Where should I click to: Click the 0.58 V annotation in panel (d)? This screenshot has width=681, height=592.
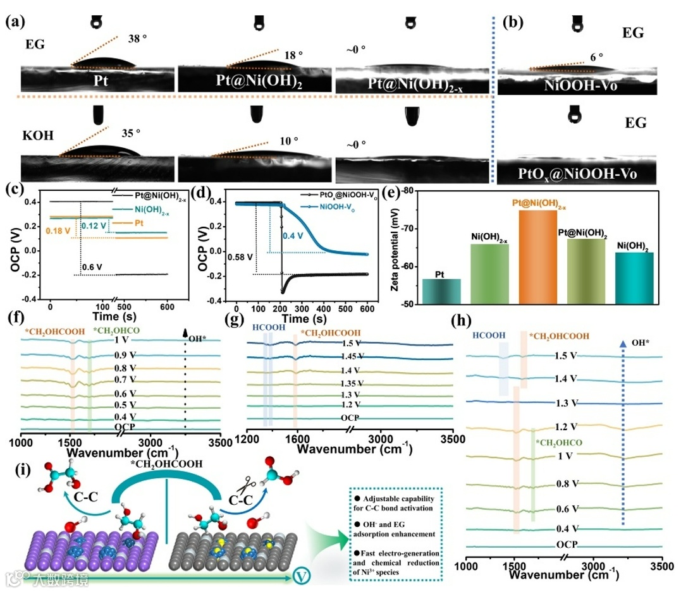[219, 258]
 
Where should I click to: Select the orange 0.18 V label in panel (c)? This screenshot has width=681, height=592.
[39, 231]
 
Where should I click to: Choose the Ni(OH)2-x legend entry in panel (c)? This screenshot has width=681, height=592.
[150, 211]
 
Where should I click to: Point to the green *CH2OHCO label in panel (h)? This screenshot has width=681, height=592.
[558, 443]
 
